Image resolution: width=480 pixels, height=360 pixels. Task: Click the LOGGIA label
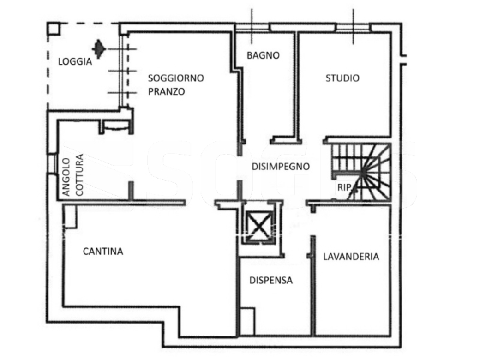coord(75,62)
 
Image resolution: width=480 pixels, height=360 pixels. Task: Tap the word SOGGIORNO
coord(176,78)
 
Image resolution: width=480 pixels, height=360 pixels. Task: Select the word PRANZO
coord(167,91)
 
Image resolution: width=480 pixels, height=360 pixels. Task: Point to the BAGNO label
coord(263,55)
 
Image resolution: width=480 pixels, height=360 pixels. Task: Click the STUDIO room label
coord(342,78)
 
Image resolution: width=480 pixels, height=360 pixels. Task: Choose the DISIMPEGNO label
coord(281,166)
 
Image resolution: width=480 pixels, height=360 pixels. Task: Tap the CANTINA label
coord(103,251)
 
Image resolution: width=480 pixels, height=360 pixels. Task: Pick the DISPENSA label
coord(271,280)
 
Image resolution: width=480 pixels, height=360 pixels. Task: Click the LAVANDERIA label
coord(351,256)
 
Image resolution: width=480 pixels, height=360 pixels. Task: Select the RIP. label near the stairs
coord(344,187)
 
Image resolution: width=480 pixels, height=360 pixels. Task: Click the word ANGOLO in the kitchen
coord(67,177)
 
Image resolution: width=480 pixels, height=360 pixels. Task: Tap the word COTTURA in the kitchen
coord(79,175)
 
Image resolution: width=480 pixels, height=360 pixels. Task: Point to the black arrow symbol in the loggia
coord(99,49)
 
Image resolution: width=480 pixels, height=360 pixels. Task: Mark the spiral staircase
coord(361,172)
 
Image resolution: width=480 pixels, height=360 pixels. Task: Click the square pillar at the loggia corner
coord(53,28)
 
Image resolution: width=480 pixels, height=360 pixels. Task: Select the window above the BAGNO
coord(252,27)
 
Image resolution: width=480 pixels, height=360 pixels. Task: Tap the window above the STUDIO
coord(353,27)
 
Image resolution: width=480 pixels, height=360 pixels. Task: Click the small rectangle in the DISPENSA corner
coord(247,321)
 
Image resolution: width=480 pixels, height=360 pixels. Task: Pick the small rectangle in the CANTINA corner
coord(70,217)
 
